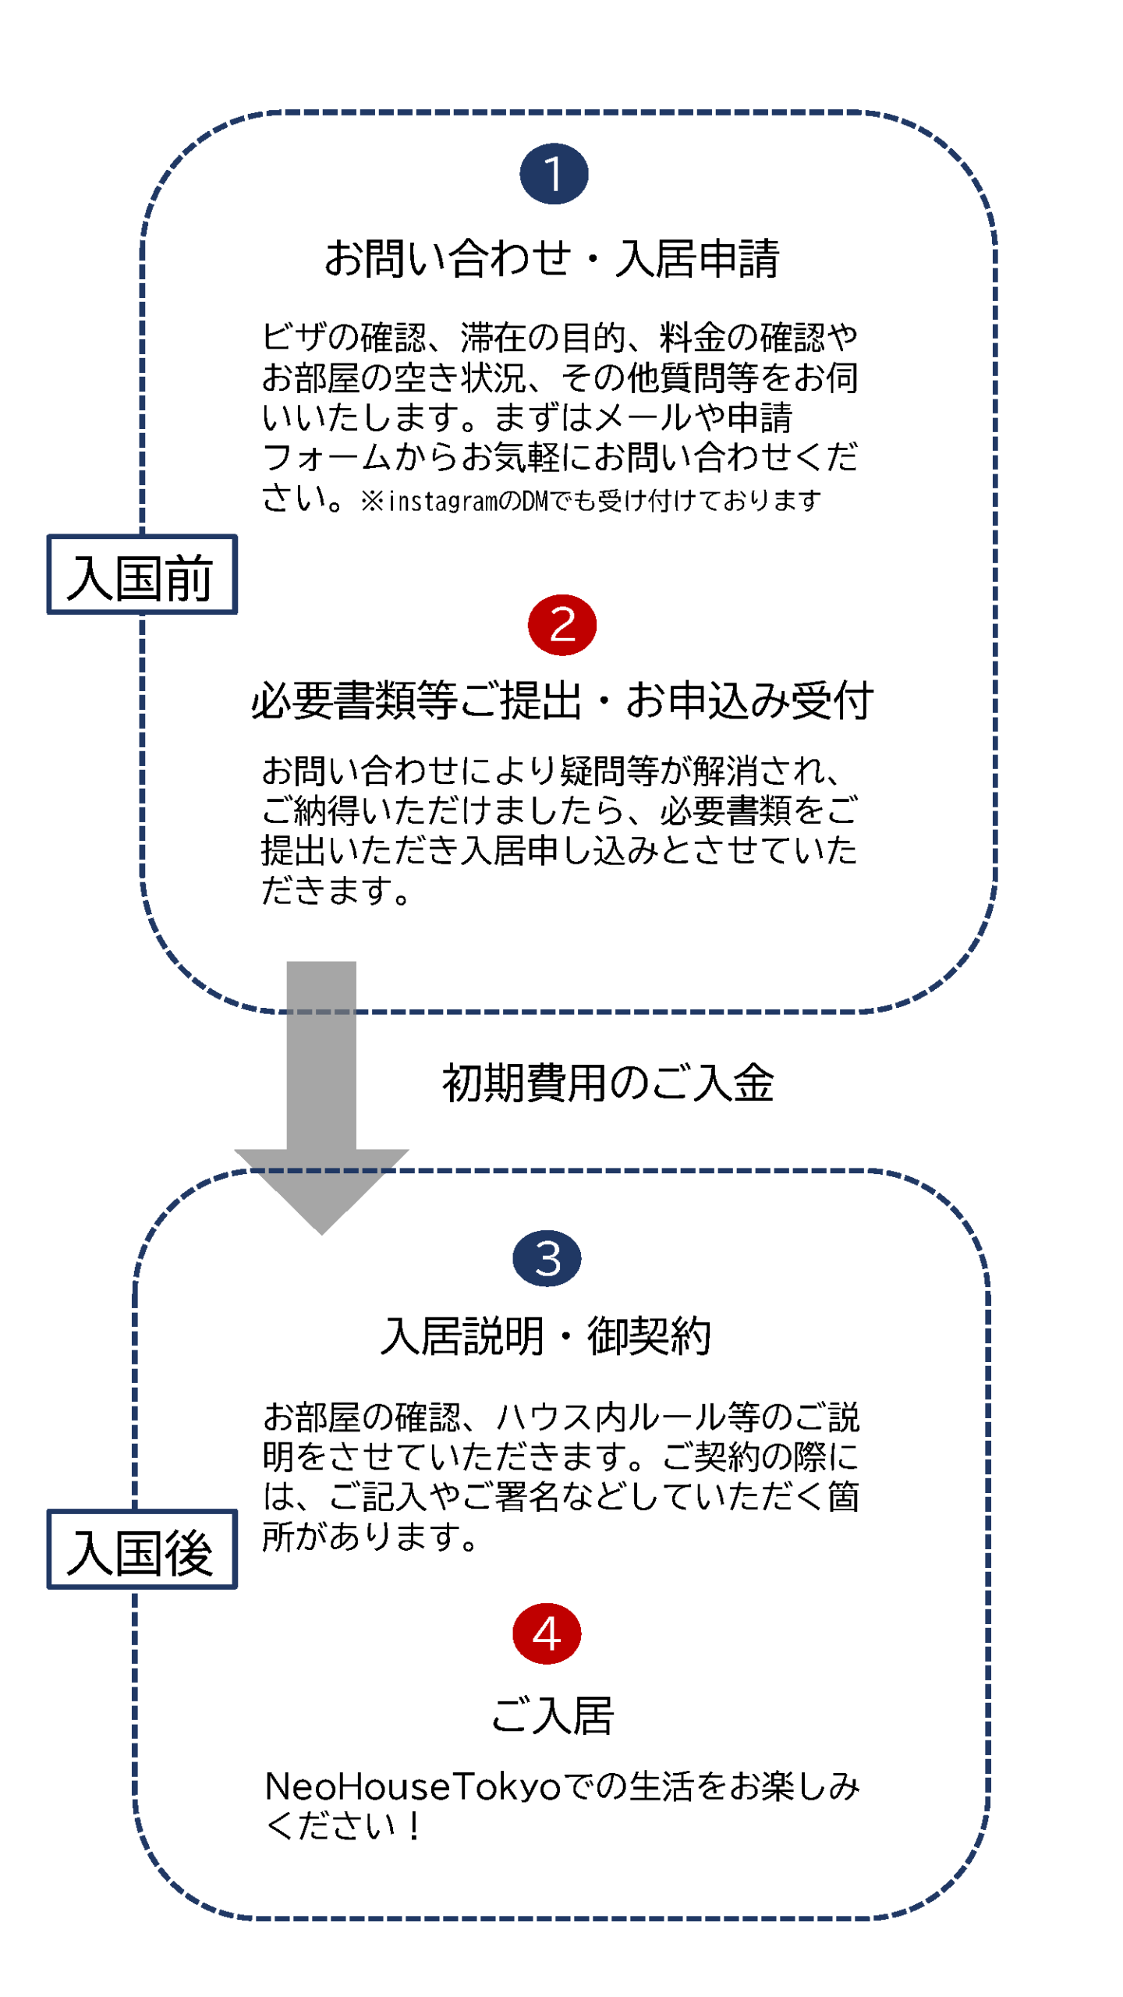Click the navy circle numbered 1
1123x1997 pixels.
[553, 173]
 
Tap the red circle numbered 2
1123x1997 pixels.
[561, 624]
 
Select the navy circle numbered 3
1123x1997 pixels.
[546, 1257]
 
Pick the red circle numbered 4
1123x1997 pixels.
[546, 1633]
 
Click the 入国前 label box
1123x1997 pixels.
[141, 574]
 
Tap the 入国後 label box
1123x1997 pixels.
[141, 1548]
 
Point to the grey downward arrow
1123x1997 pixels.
[321, 1092]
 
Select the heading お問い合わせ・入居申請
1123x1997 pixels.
[551, 257]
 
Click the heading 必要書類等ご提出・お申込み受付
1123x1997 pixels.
[561, 699]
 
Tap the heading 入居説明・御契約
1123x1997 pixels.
[545, 1335]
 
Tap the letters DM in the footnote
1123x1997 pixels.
[535, 501]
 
